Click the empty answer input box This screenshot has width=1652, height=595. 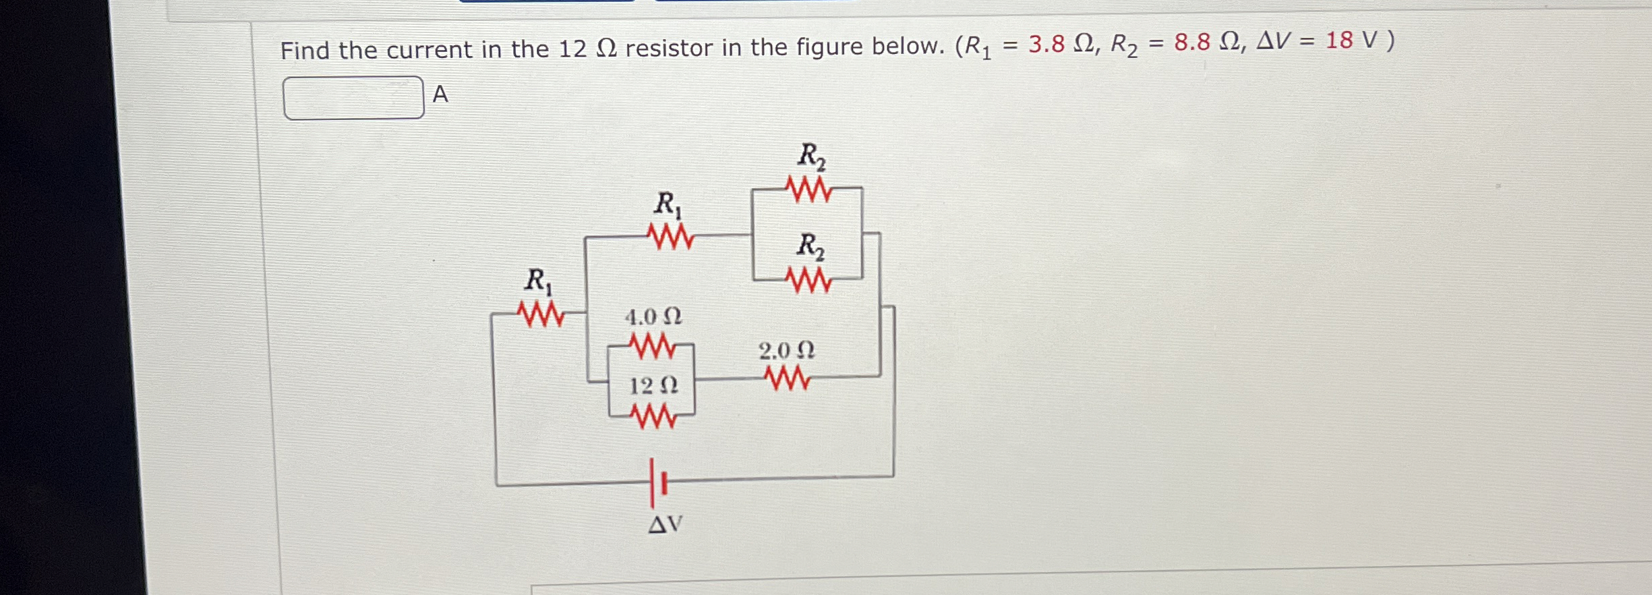(x=353, y=98)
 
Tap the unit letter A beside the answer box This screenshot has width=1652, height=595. (x=440, y=94)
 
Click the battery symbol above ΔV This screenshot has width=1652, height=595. (x=657, y=483)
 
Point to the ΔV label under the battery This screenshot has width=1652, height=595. (x=665, y=524)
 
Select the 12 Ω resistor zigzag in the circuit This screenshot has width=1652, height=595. (x=653, y=416)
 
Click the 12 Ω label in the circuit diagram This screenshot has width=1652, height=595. (x=653, y=386)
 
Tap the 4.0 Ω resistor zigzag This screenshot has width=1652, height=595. (x=652, y=346)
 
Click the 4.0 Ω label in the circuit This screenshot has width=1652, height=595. (x=653, y=316)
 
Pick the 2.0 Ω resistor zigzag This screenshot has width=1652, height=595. (x=787, y=378)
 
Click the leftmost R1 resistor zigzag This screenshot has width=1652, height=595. (x=541, y=314)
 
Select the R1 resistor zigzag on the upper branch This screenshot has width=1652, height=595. (x=670, y=237)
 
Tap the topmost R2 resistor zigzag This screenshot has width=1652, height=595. (x=809, y=190)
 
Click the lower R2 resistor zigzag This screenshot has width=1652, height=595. (x=808, y=279)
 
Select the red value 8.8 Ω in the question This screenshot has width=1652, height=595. (x=1206, y=42)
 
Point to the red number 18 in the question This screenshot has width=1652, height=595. (x=1338, y=40)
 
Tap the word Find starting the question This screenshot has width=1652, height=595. (x=305, y=51)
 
